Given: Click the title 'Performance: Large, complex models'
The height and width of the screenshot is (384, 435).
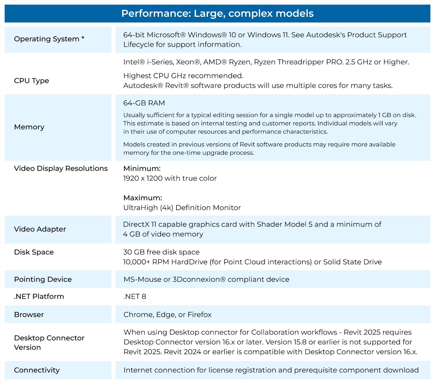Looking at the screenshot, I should pyautogui.click(x=217, y=13).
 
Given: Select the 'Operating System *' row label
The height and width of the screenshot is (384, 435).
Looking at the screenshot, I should pyautogui.click(x=49, y=39).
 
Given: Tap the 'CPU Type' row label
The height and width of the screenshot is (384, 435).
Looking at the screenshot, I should pyautogui.click(x=32, y=81).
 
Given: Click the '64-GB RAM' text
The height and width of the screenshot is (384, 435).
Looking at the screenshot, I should pyautogui.click(x=144, y=103).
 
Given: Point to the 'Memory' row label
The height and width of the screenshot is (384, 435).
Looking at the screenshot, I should pyautogui.click(x=29, y=127).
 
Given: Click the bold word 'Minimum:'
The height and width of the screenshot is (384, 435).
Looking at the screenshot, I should pyautogui.click(x=142, y=169).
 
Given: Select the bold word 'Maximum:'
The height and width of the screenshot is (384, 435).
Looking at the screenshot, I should pyautogui.click(x=142, y=198).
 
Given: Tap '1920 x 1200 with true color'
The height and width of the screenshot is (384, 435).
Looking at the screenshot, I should pyautogui.click(x=170, y=178).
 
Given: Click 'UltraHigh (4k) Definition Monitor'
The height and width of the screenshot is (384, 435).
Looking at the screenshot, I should pyautogui.click(x=182, y=208).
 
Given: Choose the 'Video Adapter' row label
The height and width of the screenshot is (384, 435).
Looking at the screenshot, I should pyautogui.click(x=40, y=229).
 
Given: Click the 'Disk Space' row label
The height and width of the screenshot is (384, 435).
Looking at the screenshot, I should pyautogui.click(x=34, y=252).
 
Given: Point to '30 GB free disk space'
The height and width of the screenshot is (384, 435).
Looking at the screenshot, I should pyautogui.click(x=161, y=252).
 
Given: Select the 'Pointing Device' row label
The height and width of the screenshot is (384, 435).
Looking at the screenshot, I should pyautogui.click(x=43, y=280).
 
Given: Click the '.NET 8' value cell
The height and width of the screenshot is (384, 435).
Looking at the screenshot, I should pyautogui.click(x=135, y=296).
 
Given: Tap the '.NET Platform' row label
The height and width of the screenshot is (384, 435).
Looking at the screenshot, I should pyautogui.click(x=39, y=296).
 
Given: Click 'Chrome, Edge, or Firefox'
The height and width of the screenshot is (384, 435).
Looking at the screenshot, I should pyautogui.click(x=167, y=315).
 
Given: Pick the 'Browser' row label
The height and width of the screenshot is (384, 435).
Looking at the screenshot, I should pyautogui.click(x=29, y=315).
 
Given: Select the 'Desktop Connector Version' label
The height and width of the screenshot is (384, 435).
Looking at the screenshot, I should pyautogui.click(x=49, y=343).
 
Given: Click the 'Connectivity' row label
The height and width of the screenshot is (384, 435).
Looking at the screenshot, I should pyautogui.click(x=37, y=370).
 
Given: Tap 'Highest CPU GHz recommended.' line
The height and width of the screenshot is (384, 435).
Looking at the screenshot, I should pyautogui.click(x=183, y=76).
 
